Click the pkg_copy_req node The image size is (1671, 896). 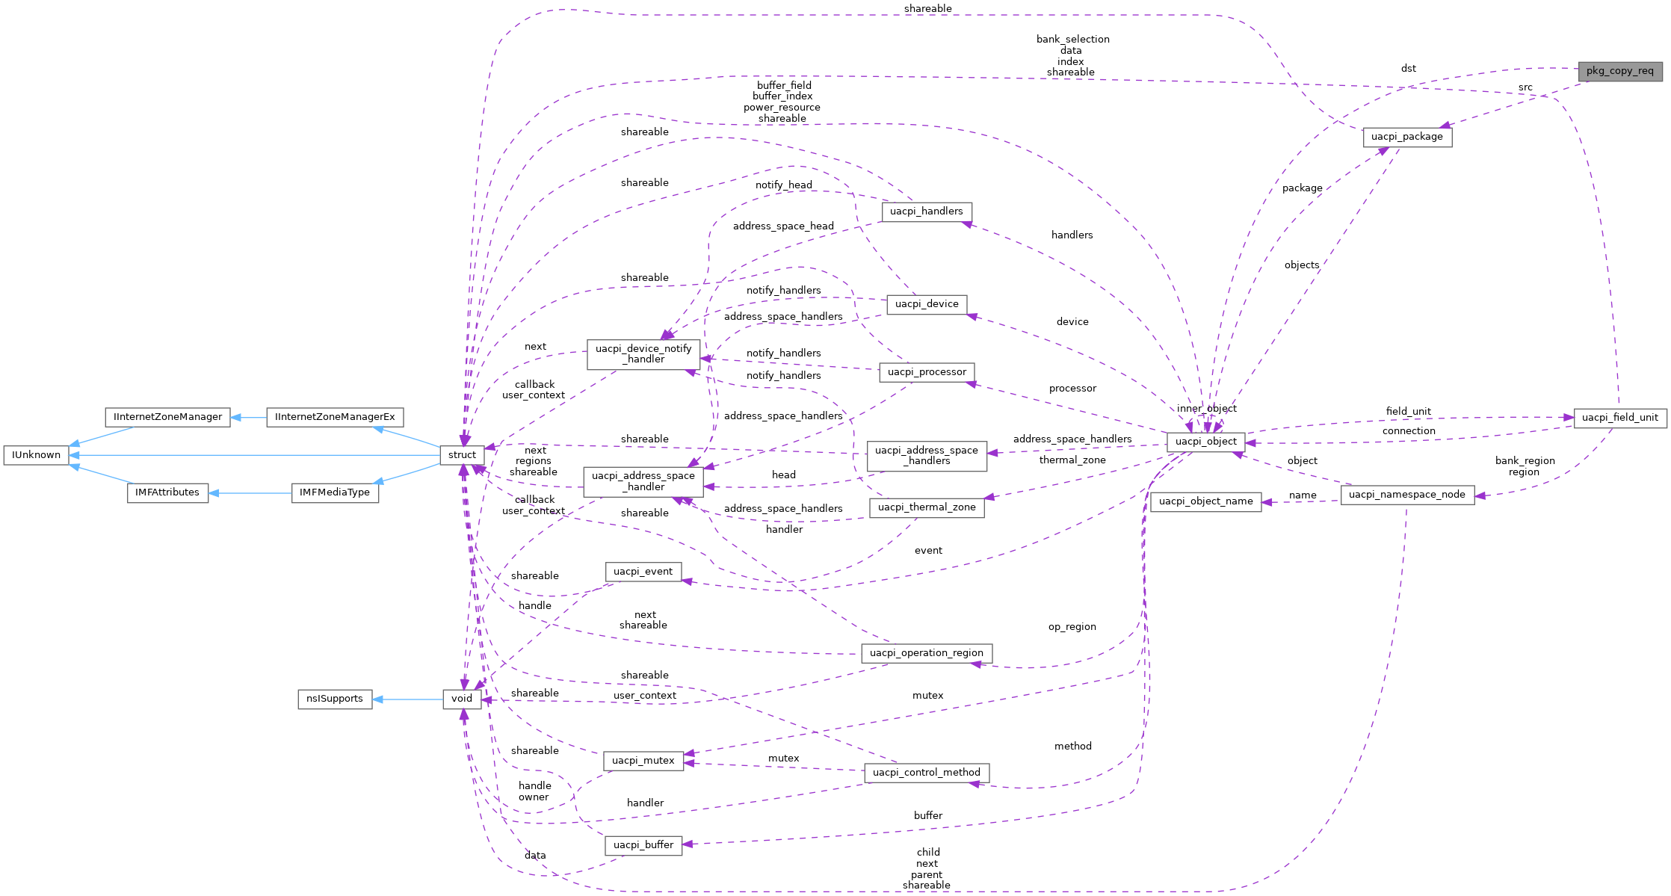pos(1619,72)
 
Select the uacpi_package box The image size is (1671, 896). pos(1406,138)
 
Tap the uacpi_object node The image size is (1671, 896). pos(1205,442)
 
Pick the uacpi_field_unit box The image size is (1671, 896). pos(1619,418)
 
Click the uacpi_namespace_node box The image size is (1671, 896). pos(1406,495)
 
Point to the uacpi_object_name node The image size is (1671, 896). pos(1205,501)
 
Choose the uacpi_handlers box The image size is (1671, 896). pos(926,211)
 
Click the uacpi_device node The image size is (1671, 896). pos(926,304)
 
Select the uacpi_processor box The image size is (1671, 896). pos(926,372)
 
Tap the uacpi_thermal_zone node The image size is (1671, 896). pos(926,507)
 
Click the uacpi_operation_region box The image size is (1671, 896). pos(926,653)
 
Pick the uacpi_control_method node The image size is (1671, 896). pos(926,773)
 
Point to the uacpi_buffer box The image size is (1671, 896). pos(643,845)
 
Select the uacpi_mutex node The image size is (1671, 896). pos(643,761)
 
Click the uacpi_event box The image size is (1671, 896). pos(643,572)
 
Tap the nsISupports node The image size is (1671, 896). pos(334,699)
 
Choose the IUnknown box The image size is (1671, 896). pos(36,455)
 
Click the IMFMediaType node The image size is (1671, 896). pos(334,492)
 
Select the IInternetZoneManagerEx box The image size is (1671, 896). pos(334,417)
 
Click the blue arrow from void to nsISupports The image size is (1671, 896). pos(407,699)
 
